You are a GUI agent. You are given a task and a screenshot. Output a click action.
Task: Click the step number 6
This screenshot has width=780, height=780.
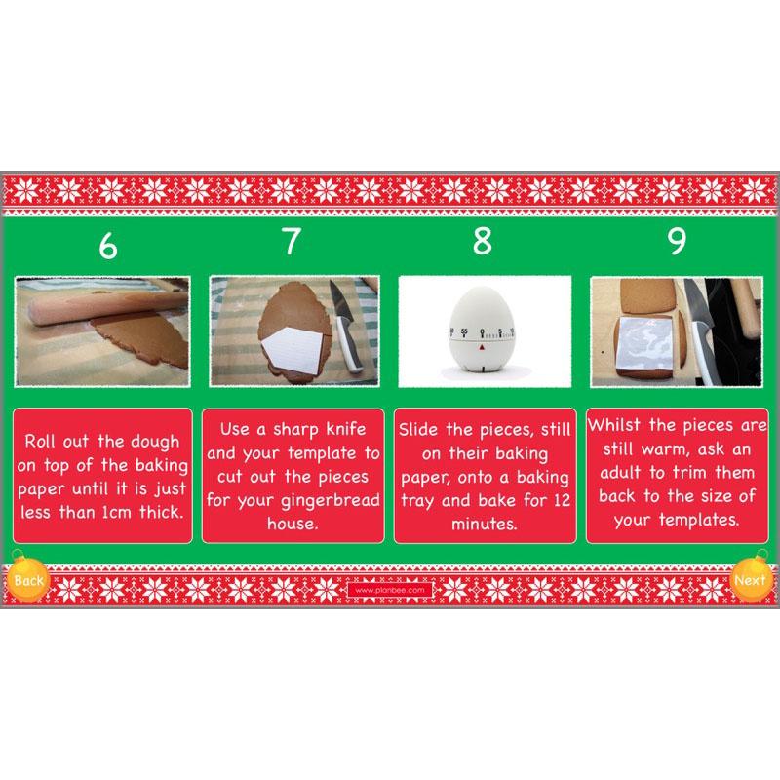tap(107, 246)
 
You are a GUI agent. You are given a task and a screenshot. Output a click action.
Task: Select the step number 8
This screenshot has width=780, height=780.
tap(482, 241)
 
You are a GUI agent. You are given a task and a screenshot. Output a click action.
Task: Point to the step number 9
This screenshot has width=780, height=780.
tap(676, 241)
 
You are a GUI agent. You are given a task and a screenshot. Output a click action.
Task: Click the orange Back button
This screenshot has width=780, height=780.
tap(29, 580)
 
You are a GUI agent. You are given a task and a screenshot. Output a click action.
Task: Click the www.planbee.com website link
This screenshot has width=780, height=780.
tap(389, 590)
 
